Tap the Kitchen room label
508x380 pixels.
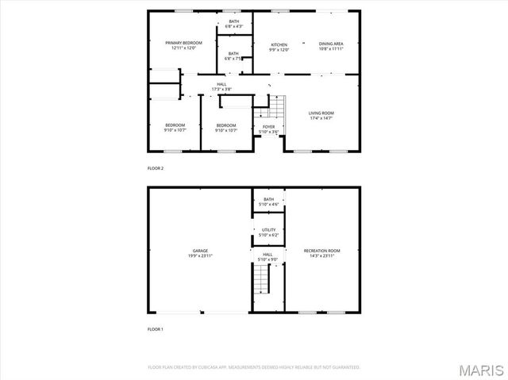point(279,45)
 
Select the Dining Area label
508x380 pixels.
point(331,45)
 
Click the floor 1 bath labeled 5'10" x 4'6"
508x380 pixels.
point(269,202)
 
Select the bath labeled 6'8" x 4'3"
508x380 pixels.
point(233,24)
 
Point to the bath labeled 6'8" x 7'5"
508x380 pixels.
point(233,56)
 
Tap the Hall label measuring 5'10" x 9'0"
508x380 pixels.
point(269,256)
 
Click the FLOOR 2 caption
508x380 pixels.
point(156,168)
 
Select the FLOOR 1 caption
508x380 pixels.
point(156,328)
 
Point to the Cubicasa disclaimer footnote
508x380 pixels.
point(254,367)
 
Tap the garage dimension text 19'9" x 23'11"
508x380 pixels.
point(199,255)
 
